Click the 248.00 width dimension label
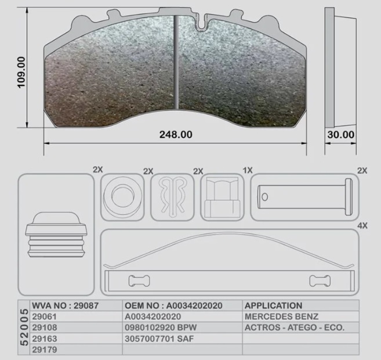[x=176, y=135]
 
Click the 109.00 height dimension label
[x=21, y=72]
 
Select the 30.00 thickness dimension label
[x=340, y=135]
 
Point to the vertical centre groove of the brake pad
[x=177, y=62]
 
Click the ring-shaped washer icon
[x=123, y=196]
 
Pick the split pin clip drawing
[x=172, y=196]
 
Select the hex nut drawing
[x=222, y=197]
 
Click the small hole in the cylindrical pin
[x=264, y=197]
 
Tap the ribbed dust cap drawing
[x=56, y=235]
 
